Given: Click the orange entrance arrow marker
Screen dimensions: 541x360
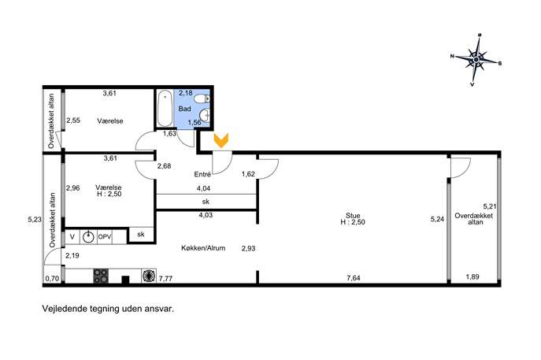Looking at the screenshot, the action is pos(220,141).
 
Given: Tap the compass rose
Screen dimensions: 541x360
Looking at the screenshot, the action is pos(476,60).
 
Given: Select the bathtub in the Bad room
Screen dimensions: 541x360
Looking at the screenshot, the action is pos(165,109).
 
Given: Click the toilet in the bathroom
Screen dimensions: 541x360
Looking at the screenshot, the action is pos(201,99).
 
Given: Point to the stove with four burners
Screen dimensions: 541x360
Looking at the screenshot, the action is pos(101,276).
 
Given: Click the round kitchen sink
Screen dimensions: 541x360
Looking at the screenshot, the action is pos(89,237).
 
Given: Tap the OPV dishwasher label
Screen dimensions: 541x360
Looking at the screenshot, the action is pos(105,237).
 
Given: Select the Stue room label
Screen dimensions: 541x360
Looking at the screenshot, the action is pos(353,216).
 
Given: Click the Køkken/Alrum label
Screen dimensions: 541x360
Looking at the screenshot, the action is pos(203,248).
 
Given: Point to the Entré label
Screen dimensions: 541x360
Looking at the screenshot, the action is pos(202,174).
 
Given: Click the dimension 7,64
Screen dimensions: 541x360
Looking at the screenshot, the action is pos(354,277).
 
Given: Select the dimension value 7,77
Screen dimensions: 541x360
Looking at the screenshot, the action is pos(165,278).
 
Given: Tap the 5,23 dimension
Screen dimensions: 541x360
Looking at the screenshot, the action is pos(35,219).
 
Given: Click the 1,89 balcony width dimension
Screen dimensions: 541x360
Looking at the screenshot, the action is pos(472,276).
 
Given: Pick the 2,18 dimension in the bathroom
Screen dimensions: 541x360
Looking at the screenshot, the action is pos(186,93).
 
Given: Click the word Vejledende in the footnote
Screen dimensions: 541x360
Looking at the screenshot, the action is pos(62,308).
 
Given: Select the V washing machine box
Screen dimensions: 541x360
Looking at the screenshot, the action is pos(72,237).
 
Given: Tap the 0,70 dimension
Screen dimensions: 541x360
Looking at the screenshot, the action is pos(52,279).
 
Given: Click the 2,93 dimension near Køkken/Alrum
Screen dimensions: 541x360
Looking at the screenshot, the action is pos(248,248).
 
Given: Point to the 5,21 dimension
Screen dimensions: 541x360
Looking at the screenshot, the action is pos(490,206).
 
